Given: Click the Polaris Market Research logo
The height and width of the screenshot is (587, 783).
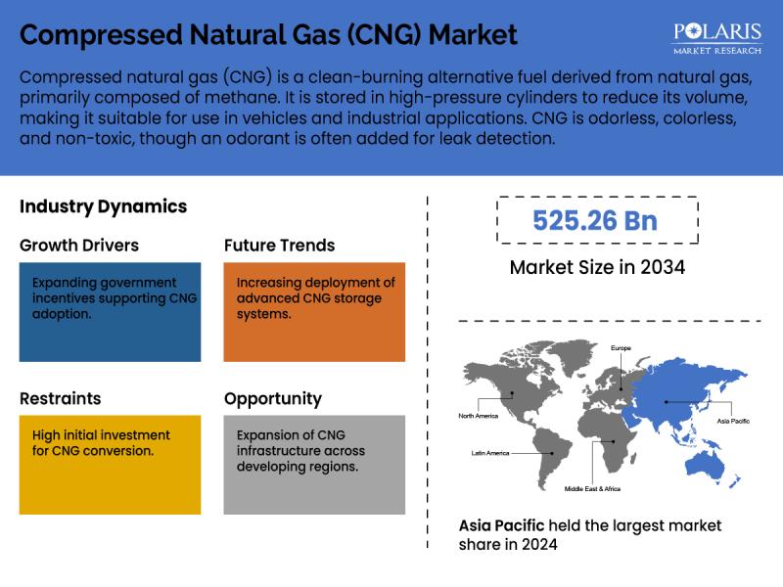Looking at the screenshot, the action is click(x=717, y=38).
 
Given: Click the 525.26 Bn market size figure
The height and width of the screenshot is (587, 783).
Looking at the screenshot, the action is click(x=595, y=221).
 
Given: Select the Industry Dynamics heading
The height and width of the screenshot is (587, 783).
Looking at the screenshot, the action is click(x=104, y=206).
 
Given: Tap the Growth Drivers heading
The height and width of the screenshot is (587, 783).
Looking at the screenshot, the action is click(x=79, y=246).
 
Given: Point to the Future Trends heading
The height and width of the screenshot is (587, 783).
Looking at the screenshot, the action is click(x=280, y=246).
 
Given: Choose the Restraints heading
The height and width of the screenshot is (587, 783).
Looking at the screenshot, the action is click(x=61, y=398).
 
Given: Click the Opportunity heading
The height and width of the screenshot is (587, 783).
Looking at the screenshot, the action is click(x=273, y=399).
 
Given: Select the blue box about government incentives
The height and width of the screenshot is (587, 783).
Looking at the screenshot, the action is click(x=110, y=312).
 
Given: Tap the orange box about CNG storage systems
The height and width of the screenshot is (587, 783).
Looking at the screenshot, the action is click(x=314, y=312).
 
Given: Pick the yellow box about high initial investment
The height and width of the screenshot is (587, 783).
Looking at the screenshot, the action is click(x=110, y=465).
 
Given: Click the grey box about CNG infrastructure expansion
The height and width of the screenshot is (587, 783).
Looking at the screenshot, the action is click(x=314, y=465).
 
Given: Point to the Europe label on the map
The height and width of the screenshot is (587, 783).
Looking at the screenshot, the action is click(x=621, y=348).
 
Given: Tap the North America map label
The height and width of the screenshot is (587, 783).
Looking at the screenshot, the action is click(x=479, y=416).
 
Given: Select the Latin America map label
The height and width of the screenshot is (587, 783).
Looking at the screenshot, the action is click(x=490, y=453).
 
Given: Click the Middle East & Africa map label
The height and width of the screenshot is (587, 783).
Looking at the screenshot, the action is click(x=592, y=488).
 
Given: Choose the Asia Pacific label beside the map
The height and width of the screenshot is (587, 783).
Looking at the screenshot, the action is click(x=733, y=421).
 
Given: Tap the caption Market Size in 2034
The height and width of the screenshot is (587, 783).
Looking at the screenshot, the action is click(x=597, y=267).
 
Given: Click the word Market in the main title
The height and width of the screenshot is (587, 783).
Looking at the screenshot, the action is click(x=473, y=35).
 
